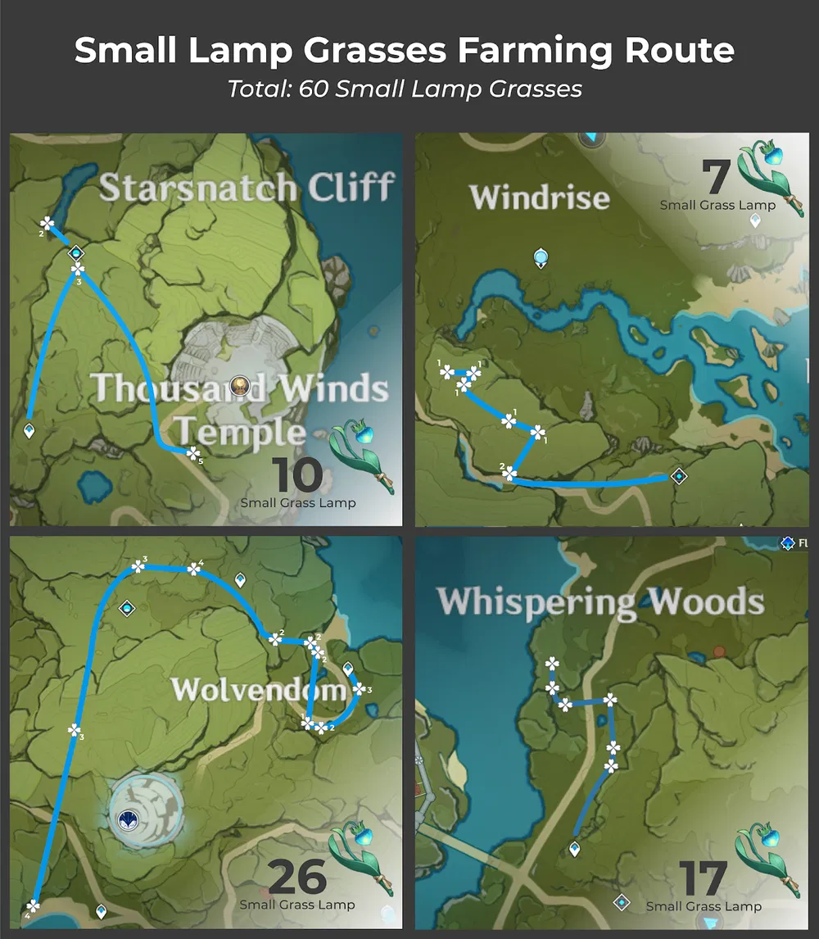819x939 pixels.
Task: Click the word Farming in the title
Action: click(x=526, y=51)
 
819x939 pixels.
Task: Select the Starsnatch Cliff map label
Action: click(x=247, y=188)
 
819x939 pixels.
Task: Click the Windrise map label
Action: click(x=540, y=197)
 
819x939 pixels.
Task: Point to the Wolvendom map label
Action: click(x=258, y=689)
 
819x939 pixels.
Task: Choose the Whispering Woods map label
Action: click(x=600, y=601)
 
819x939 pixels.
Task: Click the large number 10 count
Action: click(x=296, y=475)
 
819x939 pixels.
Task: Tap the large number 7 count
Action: click(x=716, y=178)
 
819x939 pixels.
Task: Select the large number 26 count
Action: click(x=296, y=878)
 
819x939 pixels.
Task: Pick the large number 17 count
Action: click(x=702, y=879)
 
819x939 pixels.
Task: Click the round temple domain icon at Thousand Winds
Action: click(x=240, y=385)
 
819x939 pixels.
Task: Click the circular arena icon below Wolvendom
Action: click(x=127, y=818)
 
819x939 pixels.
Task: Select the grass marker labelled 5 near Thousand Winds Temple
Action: click(x=192, y=452)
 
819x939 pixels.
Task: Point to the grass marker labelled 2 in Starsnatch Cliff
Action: click(x=48, y=222)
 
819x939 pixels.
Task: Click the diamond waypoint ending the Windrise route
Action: click(x=678, y=475)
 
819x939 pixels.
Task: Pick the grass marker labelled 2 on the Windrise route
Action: click(x=509, y=474)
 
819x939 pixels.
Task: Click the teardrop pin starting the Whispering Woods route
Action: click(x=575, y=850)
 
